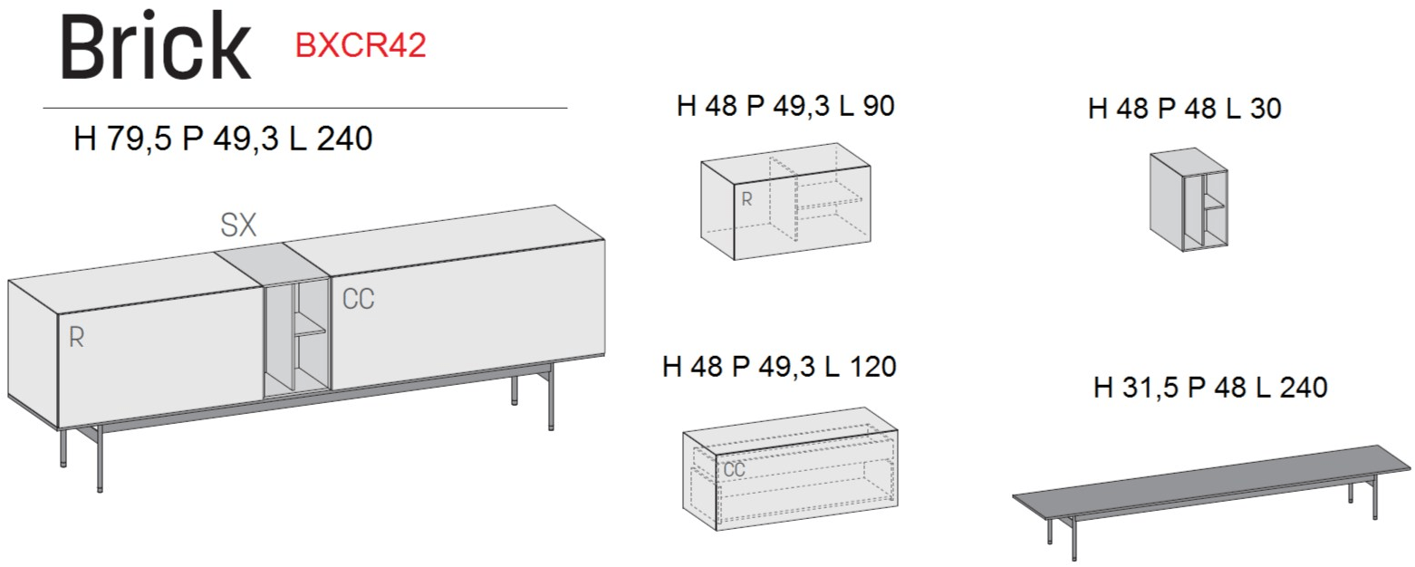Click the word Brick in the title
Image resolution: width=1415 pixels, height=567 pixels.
click(156, 47)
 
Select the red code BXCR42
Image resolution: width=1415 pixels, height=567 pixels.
click(361, 45)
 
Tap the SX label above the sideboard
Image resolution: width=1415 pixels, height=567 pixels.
click(238, 225)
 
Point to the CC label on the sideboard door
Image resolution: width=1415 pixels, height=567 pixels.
click(358, 299)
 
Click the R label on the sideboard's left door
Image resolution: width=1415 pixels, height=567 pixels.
click(76, 338)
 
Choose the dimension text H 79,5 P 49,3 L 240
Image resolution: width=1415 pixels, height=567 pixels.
click(223, 139)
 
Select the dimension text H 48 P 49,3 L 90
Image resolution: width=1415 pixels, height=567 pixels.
click(785, 106)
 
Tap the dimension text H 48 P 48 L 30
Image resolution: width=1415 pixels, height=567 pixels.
click(1184, 109)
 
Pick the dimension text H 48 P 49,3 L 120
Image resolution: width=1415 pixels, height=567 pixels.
click(779, 366)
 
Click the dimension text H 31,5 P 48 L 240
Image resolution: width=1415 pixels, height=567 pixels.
click(1210, 387)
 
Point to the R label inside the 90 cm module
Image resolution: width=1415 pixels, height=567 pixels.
click(746, 199)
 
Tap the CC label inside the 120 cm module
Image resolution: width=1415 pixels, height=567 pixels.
click(734, 469)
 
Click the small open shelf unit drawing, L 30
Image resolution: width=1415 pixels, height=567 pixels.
click(1189, 199)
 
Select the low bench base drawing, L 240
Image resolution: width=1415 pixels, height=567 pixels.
click(1211, 501)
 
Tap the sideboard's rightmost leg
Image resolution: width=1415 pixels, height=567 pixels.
click(551, 397)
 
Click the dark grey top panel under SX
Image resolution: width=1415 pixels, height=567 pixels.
click(273, 264)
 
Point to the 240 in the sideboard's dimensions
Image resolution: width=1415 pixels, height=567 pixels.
click(344, 139)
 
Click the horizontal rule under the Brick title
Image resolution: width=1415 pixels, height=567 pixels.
click(305, 108)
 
